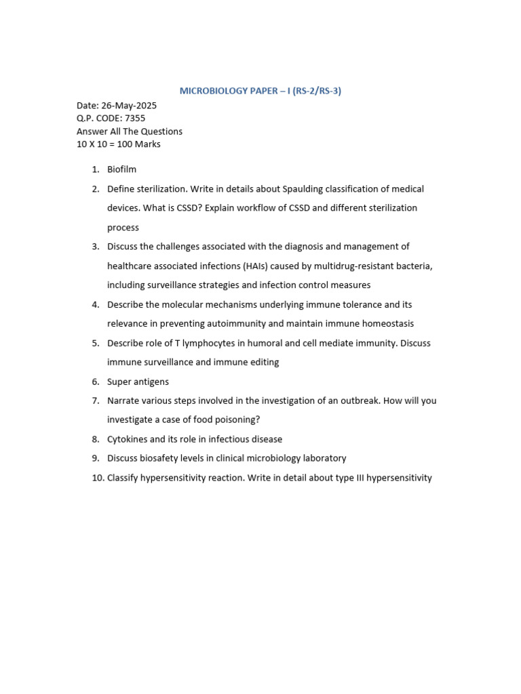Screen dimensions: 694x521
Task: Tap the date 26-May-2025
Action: point(129,106)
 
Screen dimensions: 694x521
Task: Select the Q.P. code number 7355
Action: point(135,118)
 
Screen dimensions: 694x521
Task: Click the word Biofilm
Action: point(121,169)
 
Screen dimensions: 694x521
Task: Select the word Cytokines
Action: point(128,439)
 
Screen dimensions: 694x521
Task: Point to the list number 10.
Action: point(98,478)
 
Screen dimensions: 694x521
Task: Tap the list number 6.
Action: point(96,382)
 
